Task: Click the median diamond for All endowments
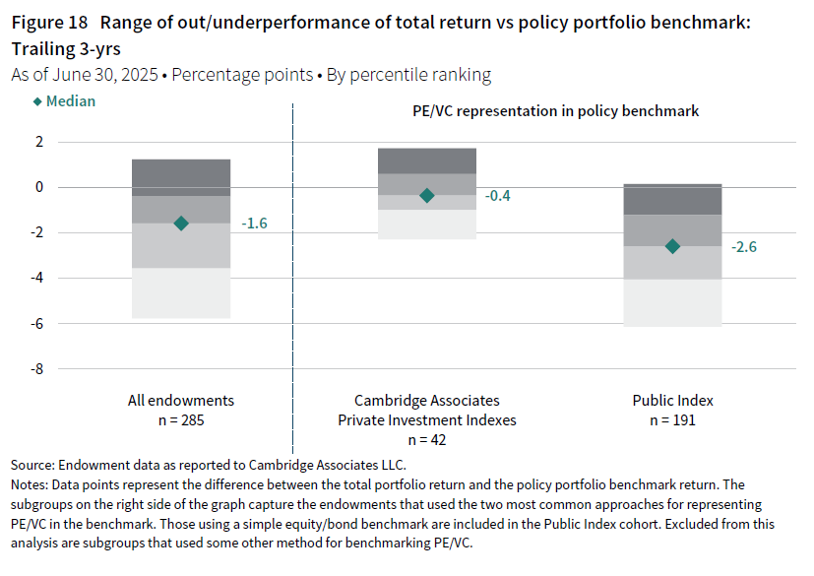coord(180,224)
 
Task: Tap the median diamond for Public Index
coord(672,246)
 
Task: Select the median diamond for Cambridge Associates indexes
coord(427,196)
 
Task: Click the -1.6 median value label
coord(254,224)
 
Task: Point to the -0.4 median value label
coord(498,196)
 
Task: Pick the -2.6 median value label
coord(743,246)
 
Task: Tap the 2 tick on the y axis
coord(39,142)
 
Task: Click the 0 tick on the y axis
coord(39,187)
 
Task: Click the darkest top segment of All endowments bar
coord(181,177)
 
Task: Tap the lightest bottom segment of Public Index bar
coord(672,302)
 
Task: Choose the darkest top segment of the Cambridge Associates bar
coord(427,160)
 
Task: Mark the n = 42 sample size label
coord(427,440)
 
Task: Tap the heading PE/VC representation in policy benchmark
coord(555,111)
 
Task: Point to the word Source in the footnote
coord(32,464)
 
